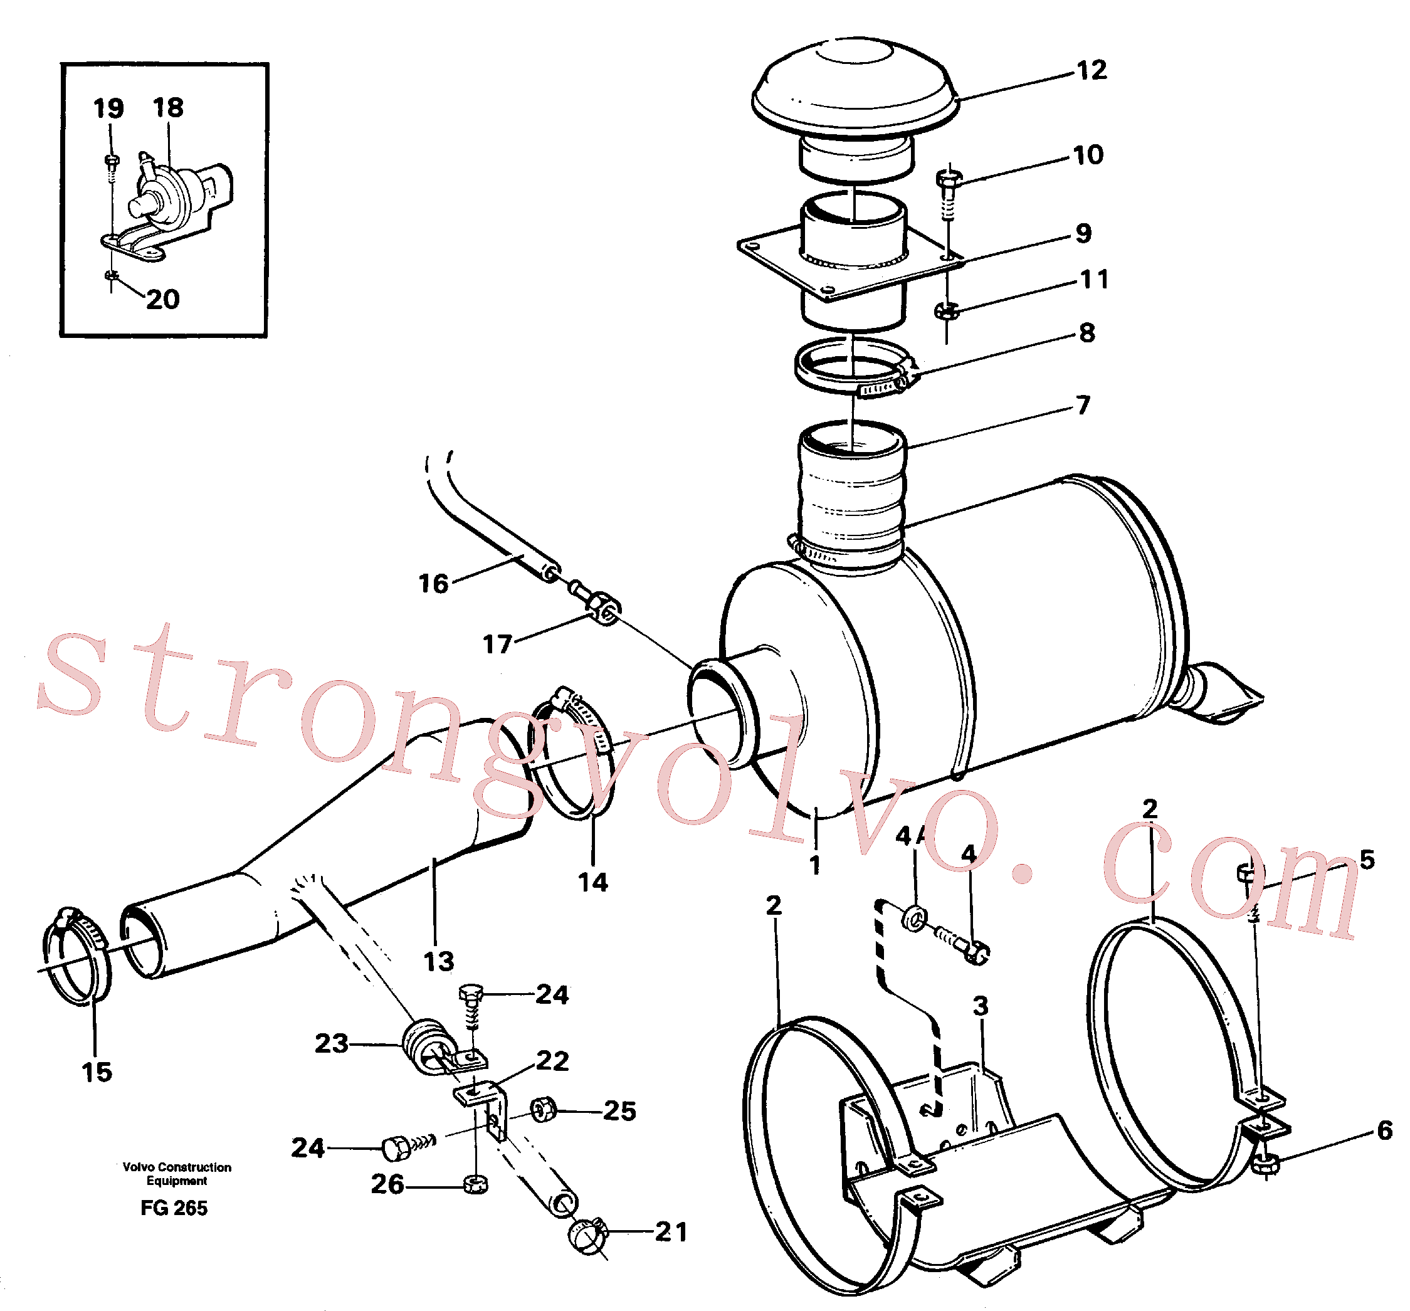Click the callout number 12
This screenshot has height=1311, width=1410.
[1092, 70]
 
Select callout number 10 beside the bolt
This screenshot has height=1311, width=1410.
[1088, 155]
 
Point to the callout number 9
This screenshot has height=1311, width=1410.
[1083, 233]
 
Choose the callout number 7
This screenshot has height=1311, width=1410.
[1083, 405]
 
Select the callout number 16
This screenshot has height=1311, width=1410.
[433, 584]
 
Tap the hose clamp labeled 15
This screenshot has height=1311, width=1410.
[76, 955]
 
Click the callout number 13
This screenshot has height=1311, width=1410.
[438, 961]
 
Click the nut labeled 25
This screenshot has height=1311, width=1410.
[544, 1110]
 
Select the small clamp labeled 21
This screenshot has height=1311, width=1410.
[589, 1236]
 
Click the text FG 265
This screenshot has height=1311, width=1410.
[174, 1208]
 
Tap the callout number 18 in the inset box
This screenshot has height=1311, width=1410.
[168, 108]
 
